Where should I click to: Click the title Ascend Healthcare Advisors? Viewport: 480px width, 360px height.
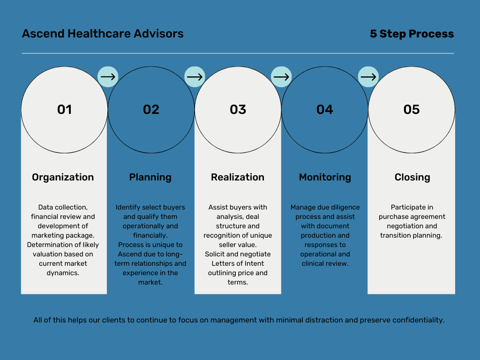click(103, 34)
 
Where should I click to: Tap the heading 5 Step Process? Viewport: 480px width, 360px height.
click(412, 34)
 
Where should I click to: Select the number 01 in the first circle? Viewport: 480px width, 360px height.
click(64, 110)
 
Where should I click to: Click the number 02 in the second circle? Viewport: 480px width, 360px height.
click(151, 110)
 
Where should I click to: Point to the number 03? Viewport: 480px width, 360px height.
click(238, 110)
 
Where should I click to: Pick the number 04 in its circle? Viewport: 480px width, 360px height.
click(325, 110)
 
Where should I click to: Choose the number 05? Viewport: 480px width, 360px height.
click(412, 110)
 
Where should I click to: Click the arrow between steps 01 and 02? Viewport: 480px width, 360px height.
click(108, 76)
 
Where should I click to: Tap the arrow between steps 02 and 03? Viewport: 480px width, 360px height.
click(195, 76)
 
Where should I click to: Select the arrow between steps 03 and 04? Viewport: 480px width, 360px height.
click(281, 76)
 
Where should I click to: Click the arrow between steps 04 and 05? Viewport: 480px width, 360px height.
click(368, 76)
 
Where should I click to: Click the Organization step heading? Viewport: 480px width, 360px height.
click(63, 178)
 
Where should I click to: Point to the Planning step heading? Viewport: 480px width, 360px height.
click(150, 178)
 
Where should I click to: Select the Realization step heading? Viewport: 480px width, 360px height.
click(238, 177)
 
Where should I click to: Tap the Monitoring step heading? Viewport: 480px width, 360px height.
click(325, 178)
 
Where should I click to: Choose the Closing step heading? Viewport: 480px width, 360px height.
click(412, 178)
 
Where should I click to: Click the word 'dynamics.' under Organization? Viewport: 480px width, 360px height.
click(63, 273)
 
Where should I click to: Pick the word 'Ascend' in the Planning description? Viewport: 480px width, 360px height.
click(129, 254)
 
